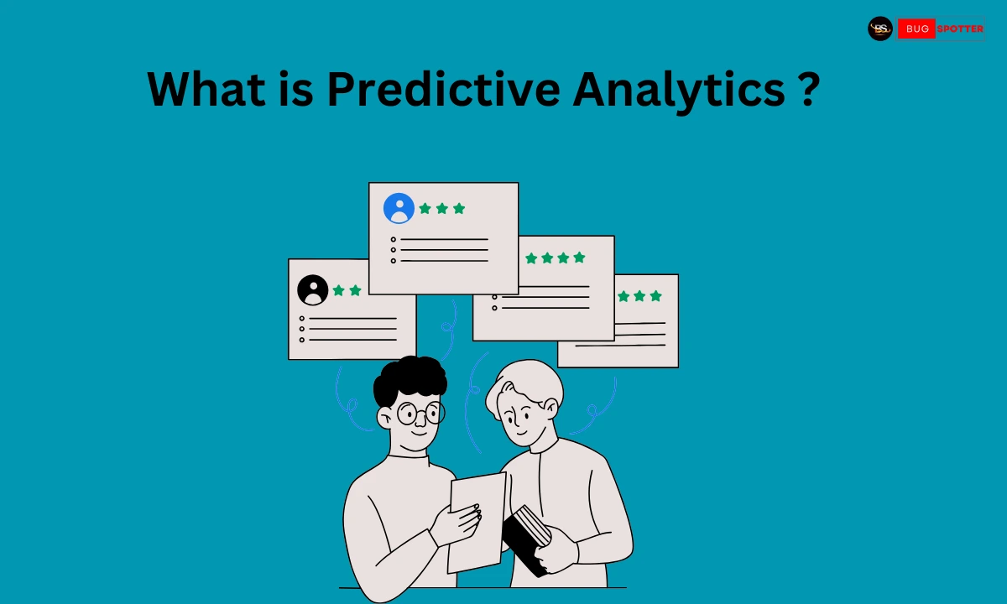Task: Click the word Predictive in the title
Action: pyautogui.click(x=444, y=89)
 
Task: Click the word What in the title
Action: pyautogui.click(x=206, y=89)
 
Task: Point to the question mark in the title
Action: pyautogui.click(x=810, y=89)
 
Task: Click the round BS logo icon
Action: pyautogui.click(x=879, y=29)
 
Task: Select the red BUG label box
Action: pyautogui.click(x=916, y=29)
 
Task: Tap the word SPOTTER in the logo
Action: pyautogui.click(x=960, y=29)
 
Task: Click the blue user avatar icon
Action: pyautogui.click(x=399, y=208)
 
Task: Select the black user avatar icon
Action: pyautogui.click(x=313, y=290)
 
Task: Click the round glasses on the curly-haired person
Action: pyautogui.click(x=420, y=413)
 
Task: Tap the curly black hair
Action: pyautogui.click(x=410, y=379)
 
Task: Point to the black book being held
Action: pyautogui.click(x=526, y=540)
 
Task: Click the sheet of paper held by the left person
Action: pyautogui.click(x=477, y=523)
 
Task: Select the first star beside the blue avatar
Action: pyautogui.click(x=425, y=209)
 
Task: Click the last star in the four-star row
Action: pyautogui.click(x=580, y=258)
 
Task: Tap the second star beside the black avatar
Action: pyautogui.click(x=355, y=290)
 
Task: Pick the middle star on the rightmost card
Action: pyautogui.click(x=639, y=296)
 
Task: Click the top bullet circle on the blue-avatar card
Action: pyautogui.click(x=394, y=240)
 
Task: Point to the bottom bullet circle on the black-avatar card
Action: pyautogui.click(x=301, y=341)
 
